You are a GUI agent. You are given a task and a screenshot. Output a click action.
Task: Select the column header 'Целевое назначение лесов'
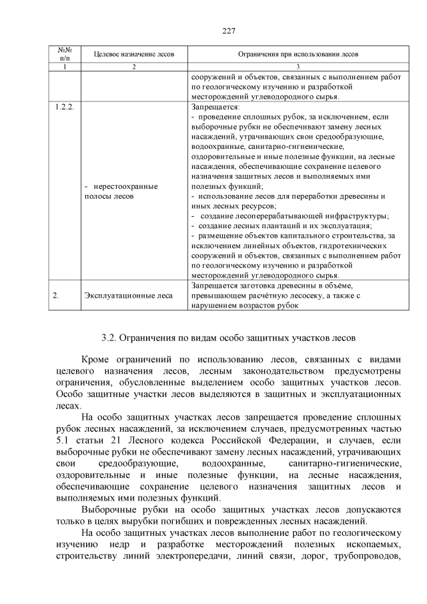[133, 54]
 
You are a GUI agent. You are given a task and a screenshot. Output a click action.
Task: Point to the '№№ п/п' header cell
[65, 54]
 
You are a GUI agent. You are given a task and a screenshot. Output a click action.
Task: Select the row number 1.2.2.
[63, 107]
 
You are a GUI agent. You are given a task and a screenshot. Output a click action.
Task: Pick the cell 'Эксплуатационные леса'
[128, 296]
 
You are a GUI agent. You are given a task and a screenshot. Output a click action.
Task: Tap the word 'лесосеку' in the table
[308, 295]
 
